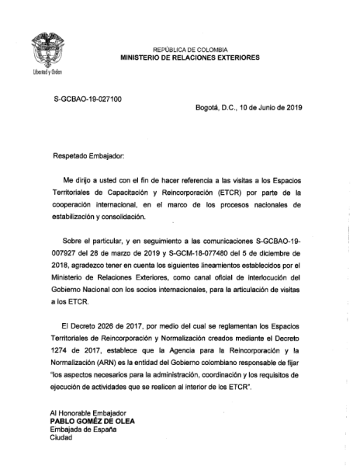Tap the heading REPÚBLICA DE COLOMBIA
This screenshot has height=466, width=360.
click(190, 49)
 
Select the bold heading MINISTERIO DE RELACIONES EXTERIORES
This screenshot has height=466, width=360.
click(190, 57)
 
